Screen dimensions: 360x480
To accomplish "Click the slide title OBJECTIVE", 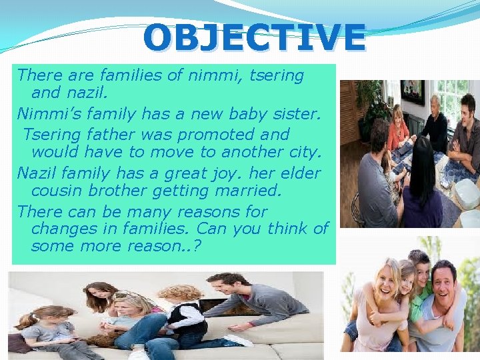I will pyautogui.click(x=254, y=38).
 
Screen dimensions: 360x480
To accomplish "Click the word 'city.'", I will pyautogui.click(x=304, y=152).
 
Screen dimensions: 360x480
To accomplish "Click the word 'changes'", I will pyautogui.click(x=62, y=229).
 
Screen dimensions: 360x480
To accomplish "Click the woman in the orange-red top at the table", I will pyautogui.click(x=398, y=127).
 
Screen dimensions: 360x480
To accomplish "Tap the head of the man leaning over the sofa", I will pyautogui.click(x=220, y=283).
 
